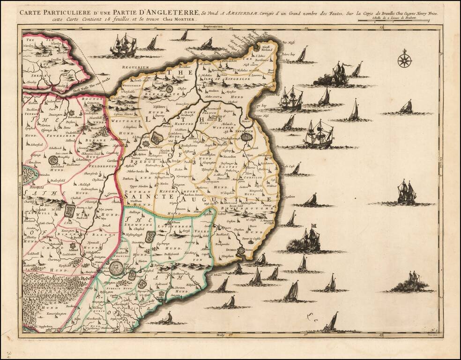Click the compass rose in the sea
point(404,60)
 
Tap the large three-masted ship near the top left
point(124,46)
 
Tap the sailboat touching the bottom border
point(331,323)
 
